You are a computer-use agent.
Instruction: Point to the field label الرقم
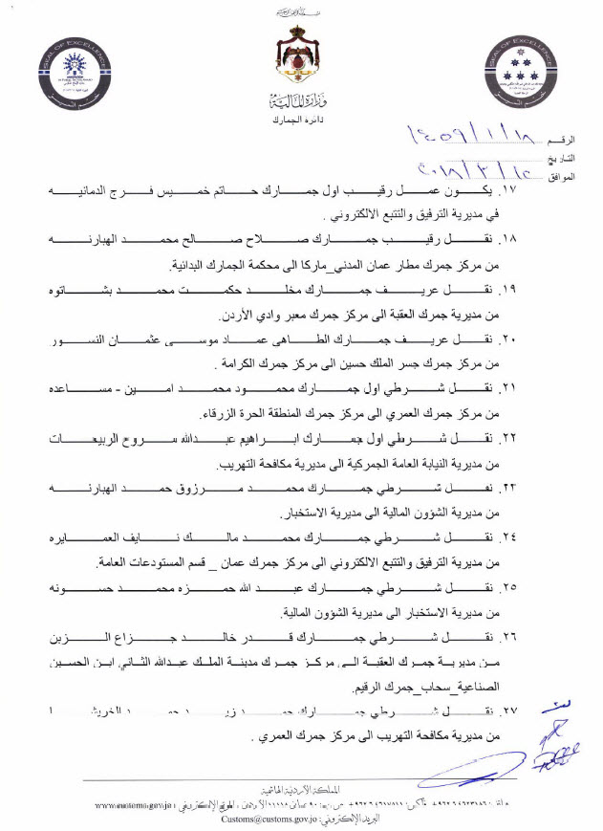coord(571,141)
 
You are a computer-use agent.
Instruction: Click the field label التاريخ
coord(567,158)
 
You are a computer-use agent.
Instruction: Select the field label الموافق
coord(567,177)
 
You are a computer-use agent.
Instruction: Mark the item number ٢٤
coord(571,536)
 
